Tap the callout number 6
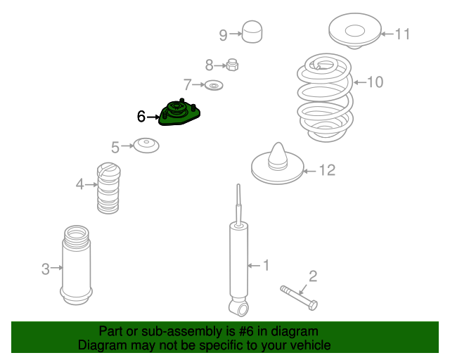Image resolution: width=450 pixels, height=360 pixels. click(x=141, y=117)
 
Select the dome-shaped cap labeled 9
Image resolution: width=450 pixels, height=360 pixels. click(x=252, y=32)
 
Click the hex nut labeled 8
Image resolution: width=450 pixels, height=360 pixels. click(x=232, y=65)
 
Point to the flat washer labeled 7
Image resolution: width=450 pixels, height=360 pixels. click(x=214, y=85)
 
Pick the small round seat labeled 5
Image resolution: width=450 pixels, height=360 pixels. click(x=146, y=146)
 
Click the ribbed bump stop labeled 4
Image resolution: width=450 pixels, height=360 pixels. click(x=108, y=188)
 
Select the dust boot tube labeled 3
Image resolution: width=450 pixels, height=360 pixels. click(x=77, y=264)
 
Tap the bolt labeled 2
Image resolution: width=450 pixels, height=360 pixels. click(x=299, y=297)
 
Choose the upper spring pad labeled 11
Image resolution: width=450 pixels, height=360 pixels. click(x=355, y=31)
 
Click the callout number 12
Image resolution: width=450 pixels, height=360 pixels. click(x=327, y=170)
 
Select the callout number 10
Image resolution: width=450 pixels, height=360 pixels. click(x=375, y=82)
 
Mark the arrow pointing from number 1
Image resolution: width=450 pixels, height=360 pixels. click(x=254, y=266)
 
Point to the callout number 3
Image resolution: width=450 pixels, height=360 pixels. click(x=45, y=269)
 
